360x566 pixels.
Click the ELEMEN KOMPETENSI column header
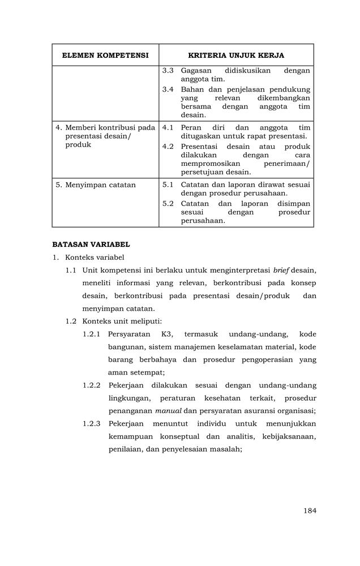[x=105, y=55]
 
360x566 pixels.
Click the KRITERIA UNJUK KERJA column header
[x=236, y=55]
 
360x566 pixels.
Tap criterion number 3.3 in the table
[x=168, y=71]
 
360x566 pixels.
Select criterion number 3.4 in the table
[x=168, y=89]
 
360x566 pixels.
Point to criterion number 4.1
[x=168, y=127]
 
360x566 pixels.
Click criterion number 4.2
[x=168, y=146]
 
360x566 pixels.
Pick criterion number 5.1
[x=168, y=185]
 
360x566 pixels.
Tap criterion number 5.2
[x=168, y=203]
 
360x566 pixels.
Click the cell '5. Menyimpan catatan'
[x=100, y=185]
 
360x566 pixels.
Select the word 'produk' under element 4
[x=78, y=145]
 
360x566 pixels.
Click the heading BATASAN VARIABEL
[x=91, y=245]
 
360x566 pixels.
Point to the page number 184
[x=309, y=511]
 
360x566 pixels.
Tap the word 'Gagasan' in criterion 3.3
[x=196, y=71]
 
